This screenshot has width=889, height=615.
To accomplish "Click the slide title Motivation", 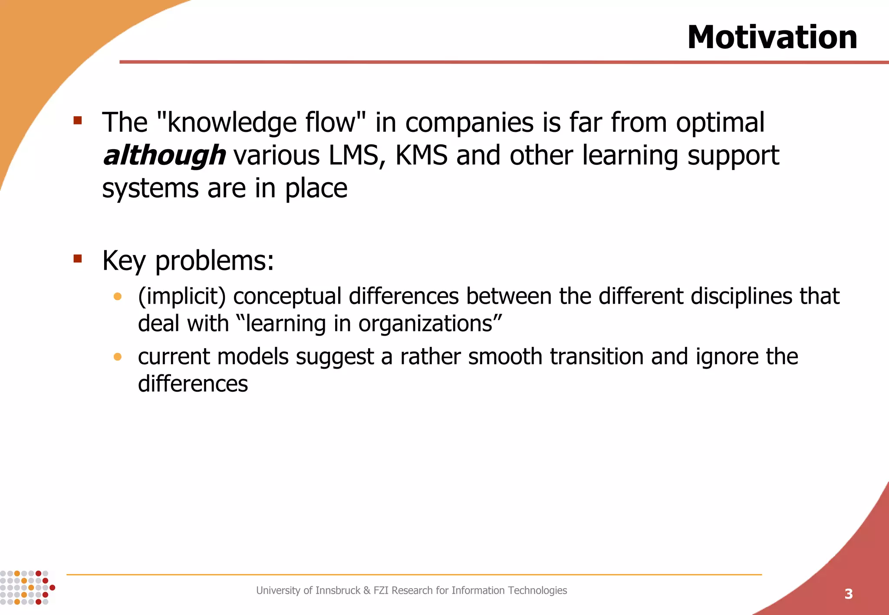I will click(x=772, y=38).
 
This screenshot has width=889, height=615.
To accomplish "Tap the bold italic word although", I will click(x=164, y=156).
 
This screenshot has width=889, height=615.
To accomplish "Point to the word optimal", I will click(x=720, y=123).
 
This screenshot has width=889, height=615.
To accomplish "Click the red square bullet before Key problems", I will click(x=78, y=259).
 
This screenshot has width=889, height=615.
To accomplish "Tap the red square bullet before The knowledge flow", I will click(x=78, y=121).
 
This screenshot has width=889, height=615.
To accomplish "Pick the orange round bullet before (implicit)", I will click(x=117, y=297).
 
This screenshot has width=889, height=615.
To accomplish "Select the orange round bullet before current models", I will click(x=117, y=357).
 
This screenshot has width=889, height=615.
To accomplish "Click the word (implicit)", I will click(x=182, y=297).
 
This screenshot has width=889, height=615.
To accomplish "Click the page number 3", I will click(x=848, y=594).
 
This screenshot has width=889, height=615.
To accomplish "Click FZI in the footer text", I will click(x=381, y=590).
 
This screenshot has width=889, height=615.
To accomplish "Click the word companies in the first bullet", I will click(x=469, y=123).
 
